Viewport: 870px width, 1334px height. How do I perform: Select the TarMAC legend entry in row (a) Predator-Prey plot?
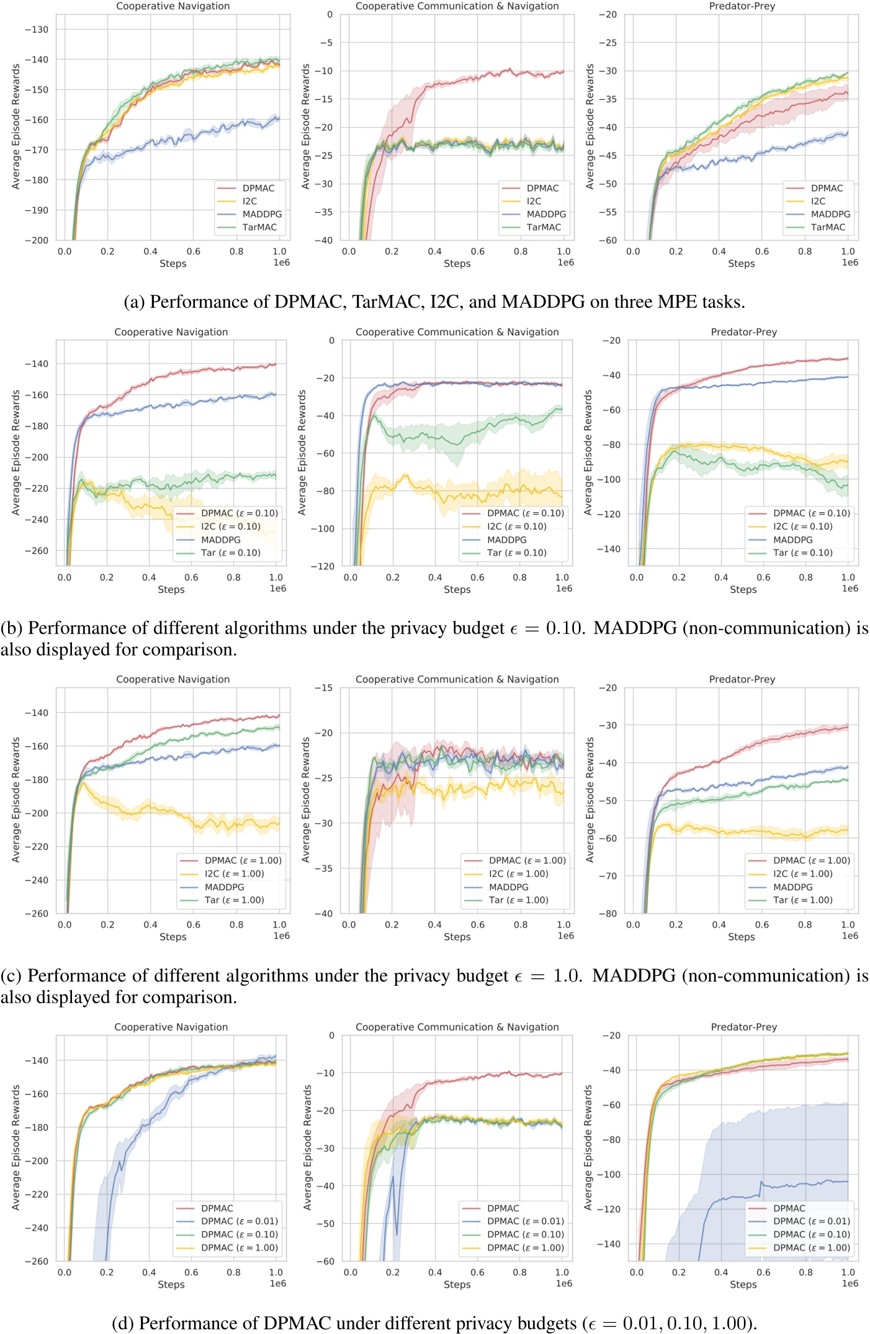coord(827,227)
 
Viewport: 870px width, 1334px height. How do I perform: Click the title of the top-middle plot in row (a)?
coord(457,6)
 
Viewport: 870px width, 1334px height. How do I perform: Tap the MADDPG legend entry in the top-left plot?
coord(261,214)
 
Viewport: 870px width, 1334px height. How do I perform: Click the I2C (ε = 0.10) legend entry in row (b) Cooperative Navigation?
coord(230,526)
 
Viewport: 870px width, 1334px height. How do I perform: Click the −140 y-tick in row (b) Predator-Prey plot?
coord(608,549)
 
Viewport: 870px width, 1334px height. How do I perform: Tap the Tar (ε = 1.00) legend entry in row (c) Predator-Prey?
coord(802,900)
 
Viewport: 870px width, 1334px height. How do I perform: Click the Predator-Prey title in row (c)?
coord(742,679)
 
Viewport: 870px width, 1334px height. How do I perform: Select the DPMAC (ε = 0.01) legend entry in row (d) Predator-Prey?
coord(811,1221)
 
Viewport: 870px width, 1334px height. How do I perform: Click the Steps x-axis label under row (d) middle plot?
coord(457,1284)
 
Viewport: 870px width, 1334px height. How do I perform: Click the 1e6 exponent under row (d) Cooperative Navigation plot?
coord(278,1283)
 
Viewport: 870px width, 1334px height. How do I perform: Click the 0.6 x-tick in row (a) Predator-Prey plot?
coord(761,251)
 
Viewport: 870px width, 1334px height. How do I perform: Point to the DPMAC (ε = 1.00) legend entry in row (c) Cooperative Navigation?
coord(243,860)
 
